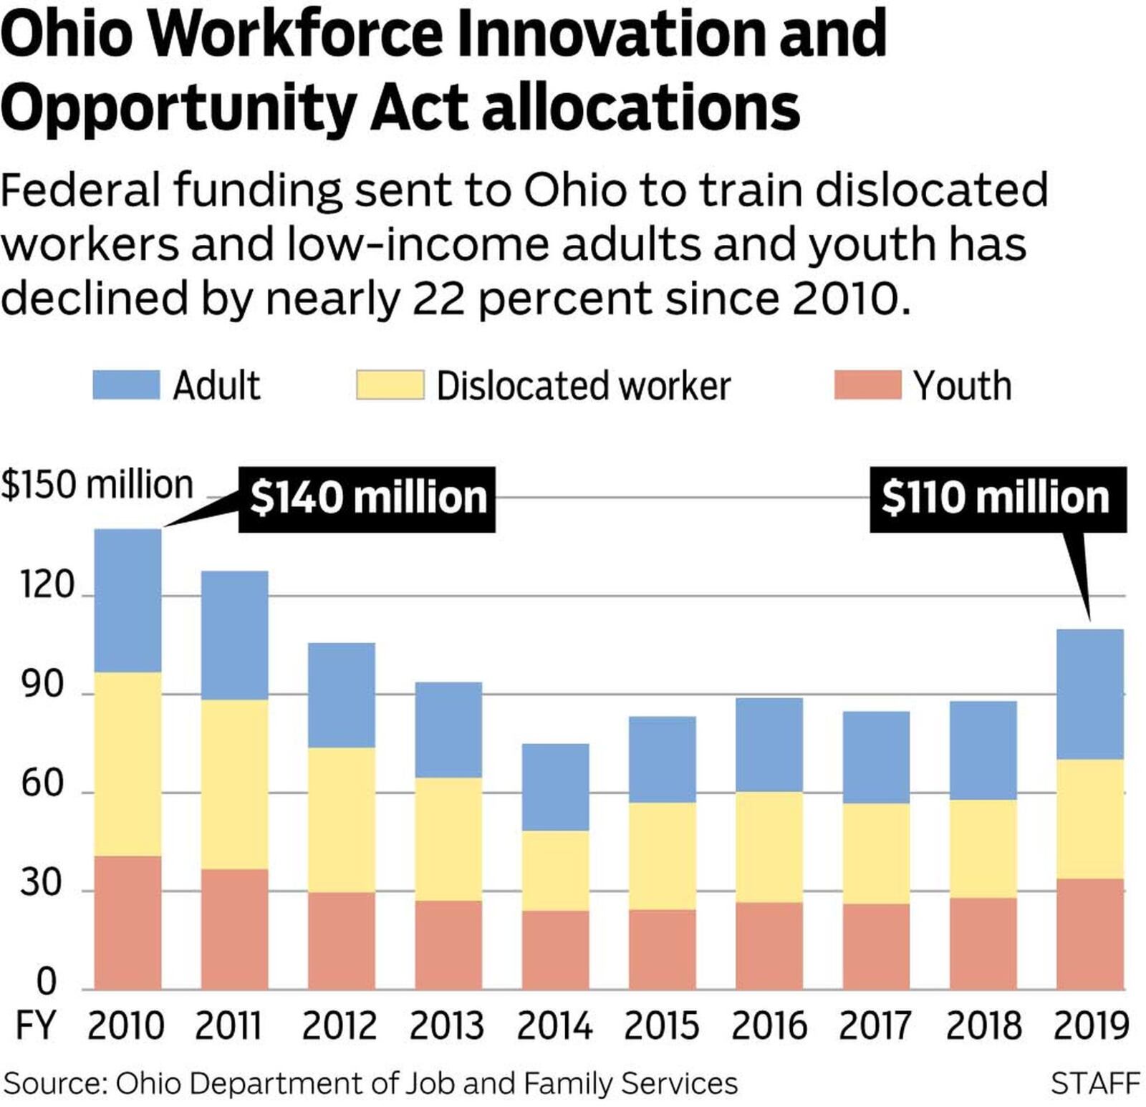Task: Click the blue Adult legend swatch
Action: pyautogui.click(x=126, y=385)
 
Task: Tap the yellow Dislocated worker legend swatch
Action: pyautogui.click(x=390, y=385)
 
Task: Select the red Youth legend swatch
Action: pyautogui.click(x=867, y=385)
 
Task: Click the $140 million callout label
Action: pyautogui.click(x=367, y=498)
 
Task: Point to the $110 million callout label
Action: pyautogui.click(x=997, y=498)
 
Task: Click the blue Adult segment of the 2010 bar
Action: pyautogui.click(x=127, y=600)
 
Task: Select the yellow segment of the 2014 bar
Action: pyautogui.click(x=556, y=870)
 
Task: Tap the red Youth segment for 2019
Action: pyautogui.click(x=1090, y=934)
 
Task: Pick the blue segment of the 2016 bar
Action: pyautogui.click(x=769, y=745)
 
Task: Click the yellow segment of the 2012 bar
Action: pyautogui.click(x=342, y=820)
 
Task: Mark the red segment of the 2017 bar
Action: pyautogui.click(x=876, y=947)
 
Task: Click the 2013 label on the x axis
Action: pyautogui.click(x=447, y=1025)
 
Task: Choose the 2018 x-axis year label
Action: pyautogui.click(x=983, y=1025)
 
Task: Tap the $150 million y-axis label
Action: pyautogui.click(x=97, y=485)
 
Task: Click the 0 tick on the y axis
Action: pyautogui.click(x=46, y=981)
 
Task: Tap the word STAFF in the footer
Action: pyautogui.click(x=1095, y=1083)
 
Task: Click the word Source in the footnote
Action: pyautogui.click(x=54, y=1083)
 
